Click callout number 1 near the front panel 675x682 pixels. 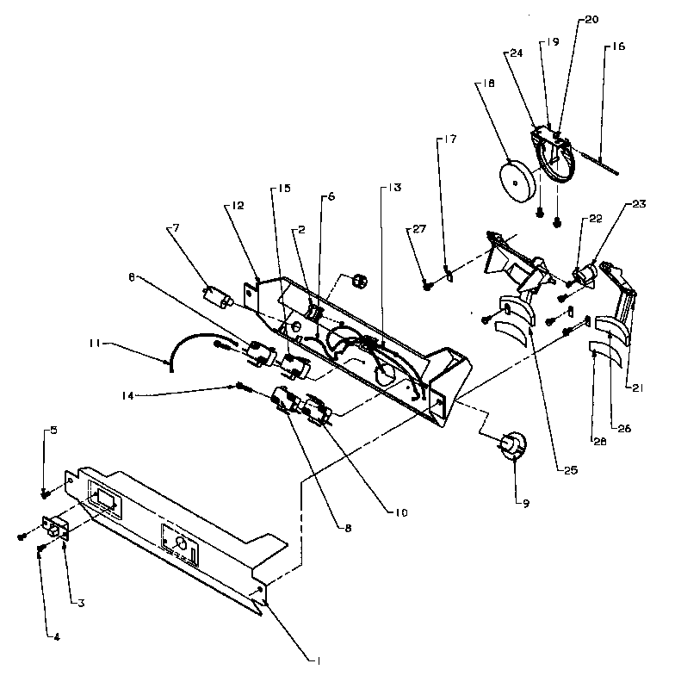pyautogui.click(x=319, y=661)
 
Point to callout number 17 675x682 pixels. pyautogui.click(x=450, y=139)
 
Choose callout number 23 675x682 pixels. pyautogui.click(x=638, y=204)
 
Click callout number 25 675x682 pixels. pyautogui.click(x=569, y=470)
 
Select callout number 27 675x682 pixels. pyautogui.click(x=418, y=230)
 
